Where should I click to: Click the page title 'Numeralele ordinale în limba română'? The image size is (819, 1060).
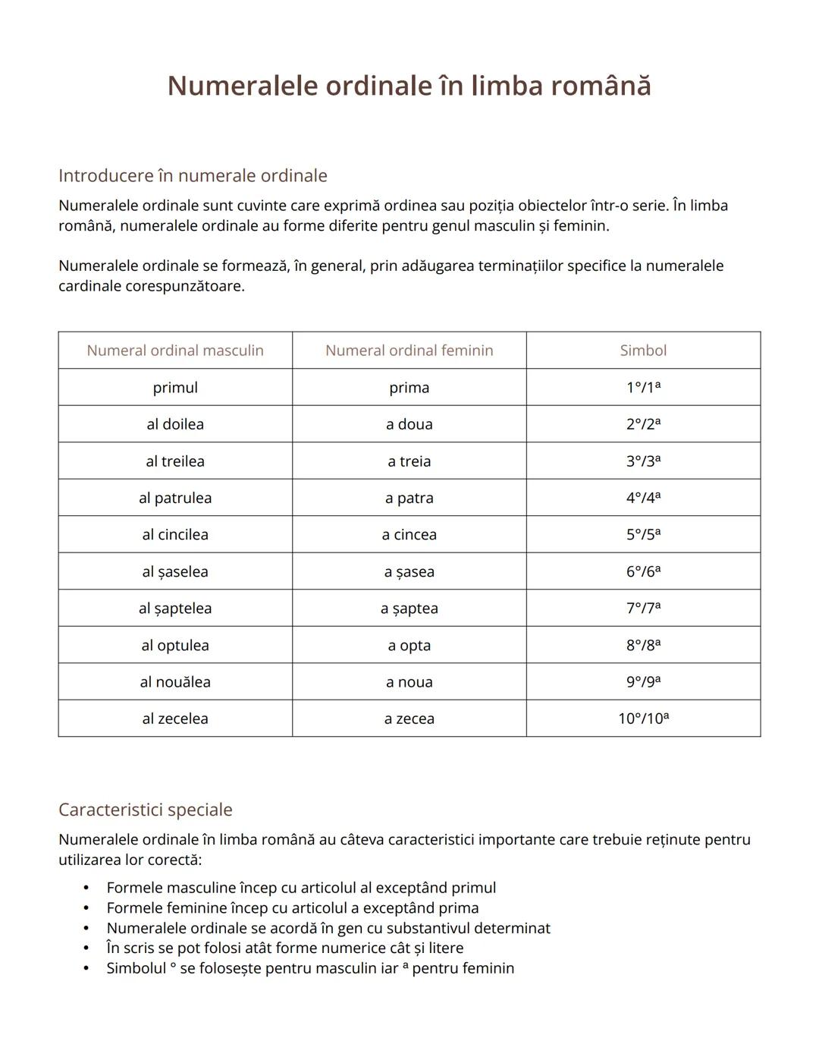[x=409, y=86]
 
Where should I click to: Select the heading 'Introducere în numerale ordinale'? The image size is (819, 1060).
[x=193, y=175]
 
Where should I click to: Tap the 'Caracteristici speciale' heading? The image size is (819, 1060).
[x=145, y=810]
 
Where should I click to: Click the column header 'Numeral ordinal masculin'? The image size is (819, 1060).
[x=175, y=351]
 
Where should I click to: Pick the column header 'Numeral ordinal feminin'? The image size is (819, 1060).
[x=409, y=351]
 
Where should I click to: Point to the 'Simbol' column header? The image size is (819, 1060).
[x=643, y=351]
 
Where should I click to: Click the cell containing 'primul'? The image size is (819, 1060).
[x=175, y=388]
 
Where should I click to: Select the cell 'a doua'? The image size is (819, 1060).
[x=409, y=424]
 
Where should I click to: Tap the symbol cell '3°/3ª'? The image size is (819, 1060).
[x=643, y=461]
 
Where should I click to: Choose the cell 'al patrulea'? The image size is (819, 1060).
[x=175, y=498]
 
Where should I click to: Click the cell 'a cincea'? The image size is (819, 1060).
[x=409, y=535]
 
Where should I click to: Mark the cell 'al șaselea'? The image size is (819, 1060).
[x=175, y=571]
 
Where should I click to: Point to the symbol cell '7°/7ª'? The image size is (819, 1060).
[x=643, y=609]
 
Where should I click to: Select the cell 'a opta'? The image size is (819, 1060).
[x=409, y=646]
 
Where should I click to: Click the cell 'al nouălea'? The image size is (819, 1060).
[x=175, y=682]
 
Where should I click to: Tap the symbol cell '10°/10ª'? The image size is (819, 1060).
[x=643, y=719]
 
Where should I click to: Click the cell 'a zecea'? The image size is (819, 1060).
[x=409, y=719]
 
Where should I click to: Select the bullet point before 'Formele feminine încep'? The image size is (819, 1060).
[x=86, y=908]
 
